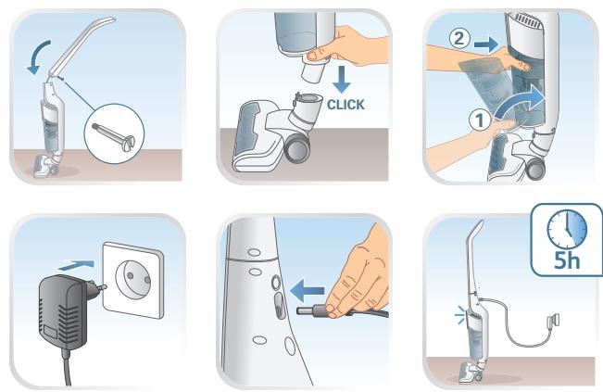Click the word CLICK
click(345, 104)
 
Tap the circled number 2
click(459, 39)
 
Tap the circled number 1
click(480, 120)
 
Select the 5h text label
click(567, 260)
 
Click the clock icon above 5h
click(567, 229)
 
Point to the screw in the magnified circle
click(114, 136)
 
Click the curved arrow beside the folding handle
click(38, 57)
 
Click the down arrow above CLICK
click(341, 80)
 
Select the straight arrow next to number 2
click(486, 44)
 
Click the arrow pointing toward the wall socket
click(76, 265)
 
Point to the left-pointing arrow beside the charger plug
click(308, 291)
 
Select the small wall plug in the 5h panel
click(553, 321)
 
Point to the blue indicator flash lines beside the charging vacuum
click(459, 315)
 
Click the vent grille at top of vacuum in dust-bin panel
click(528, 20)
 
